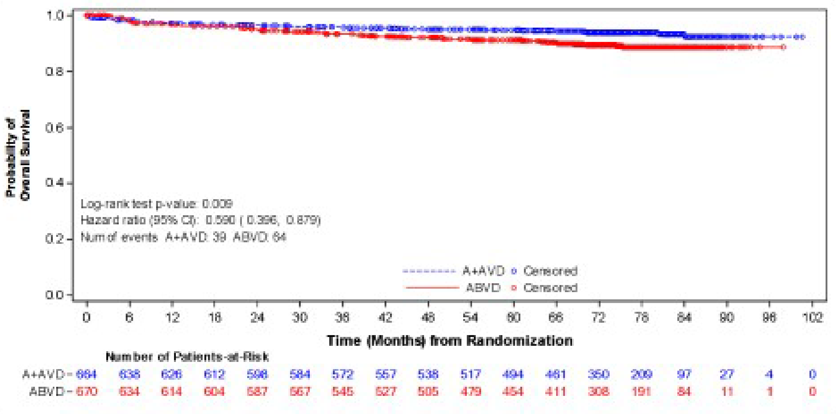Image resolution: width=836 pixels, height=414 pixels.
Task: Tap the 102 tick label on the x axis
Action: [812, 317]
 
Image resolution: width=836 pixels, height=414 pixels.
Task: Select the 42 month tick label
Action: [385, 317]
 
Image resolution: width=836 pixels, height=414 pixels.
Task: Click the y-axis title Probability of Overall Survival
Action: [18, 155]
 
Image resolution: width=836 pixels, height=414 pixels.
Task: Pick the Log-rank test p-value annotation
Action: [156, 204]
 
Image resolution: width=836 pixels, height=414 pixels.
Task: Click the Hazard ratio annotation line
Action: [200, 220]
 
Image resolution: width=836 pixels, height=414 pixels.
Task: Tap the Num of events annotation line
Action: [183, 237]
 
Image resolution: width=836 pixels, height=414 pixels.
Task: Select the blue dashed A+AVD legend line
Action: [429, 271]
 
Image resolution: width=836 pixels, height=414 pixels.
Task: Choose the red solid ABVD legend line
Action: [432, 288]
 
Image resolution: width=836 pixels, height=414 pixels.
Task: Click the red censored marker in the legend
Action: [514, 288]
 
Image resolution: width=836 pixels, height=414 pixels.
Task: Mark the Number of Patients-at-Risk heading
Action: [187, 357]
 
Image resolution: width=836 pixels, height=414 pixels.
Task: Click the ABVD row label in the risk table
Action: [47, 392]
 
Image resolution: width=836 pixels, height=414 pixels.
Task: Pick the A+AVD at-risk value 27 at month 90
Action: [726, 375]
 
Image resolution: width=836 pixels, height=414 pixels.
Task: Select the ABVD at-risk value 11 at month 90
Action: [727, 392]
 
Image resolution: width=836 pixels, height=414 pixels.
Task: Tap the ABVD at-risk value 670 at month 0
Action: [86, 392]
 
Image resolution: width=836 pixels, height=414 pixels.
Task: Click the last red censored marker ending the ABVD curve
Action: [783, 47]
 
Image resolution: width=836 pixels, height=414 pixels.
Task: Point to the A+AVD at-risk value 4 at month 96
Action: [769, 375]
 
